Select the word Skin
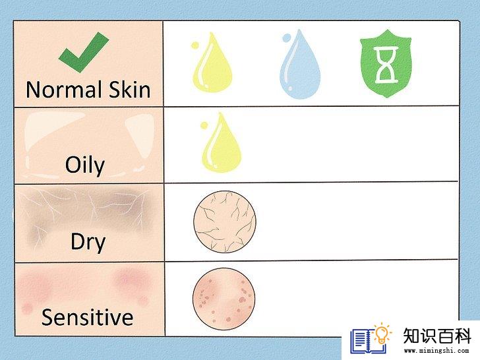(x=130, y=90)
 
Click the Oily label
(x=85, y=165)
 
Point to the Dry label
(x=88, y=243)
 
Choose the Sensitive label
(x=87, y=317)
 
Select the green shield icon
(x=386, y=63)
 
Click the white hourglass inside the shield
(x=386, y=65)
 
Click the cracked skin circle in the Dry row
(x=225, y=222)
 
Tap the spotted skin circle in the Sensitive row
(x=224, y=299)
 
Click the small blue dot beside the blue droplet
(x=287, y=38)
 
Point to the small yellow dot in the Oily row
(x=204, y=125)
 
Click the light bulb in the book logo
(x=382, y=334)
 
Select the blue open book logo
(x=369, y=342)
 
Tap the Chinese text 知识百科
(x=437, y=336)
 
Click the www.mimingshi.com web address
(x=436, y=350)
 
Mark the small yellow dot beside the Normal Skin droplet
(x=195, y=45)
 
